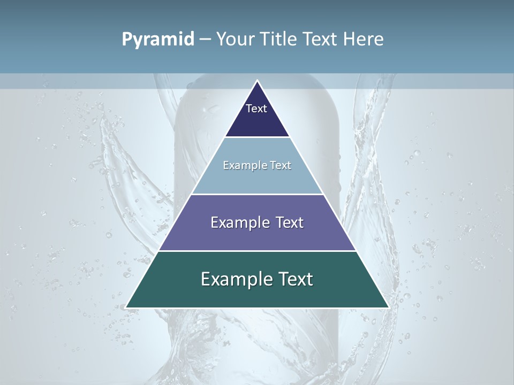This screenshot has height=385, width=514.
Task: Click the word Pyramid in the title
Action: tap(158, 39)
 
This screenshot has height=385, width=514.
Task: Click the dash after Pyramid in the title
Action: tap(205, 40)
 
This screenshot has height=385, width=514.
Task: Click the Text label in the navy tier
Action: tap(256, 109)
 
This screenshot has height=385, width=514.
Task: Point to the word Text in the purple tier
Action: tap(290, 222)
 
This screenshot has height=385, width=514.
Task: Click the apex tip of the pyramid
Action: tap(257, 81)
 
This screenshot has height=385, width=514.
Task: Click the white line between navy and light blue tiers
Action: tap(257, 137)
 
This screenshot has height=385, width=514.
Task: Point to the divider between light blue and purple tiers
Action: tap(257, 194)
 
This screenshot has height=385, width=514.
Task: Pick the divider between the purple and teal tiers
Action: tap(257, 251)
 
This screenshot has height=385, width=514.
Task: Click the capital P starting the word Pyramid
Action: tap(126, 39)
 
